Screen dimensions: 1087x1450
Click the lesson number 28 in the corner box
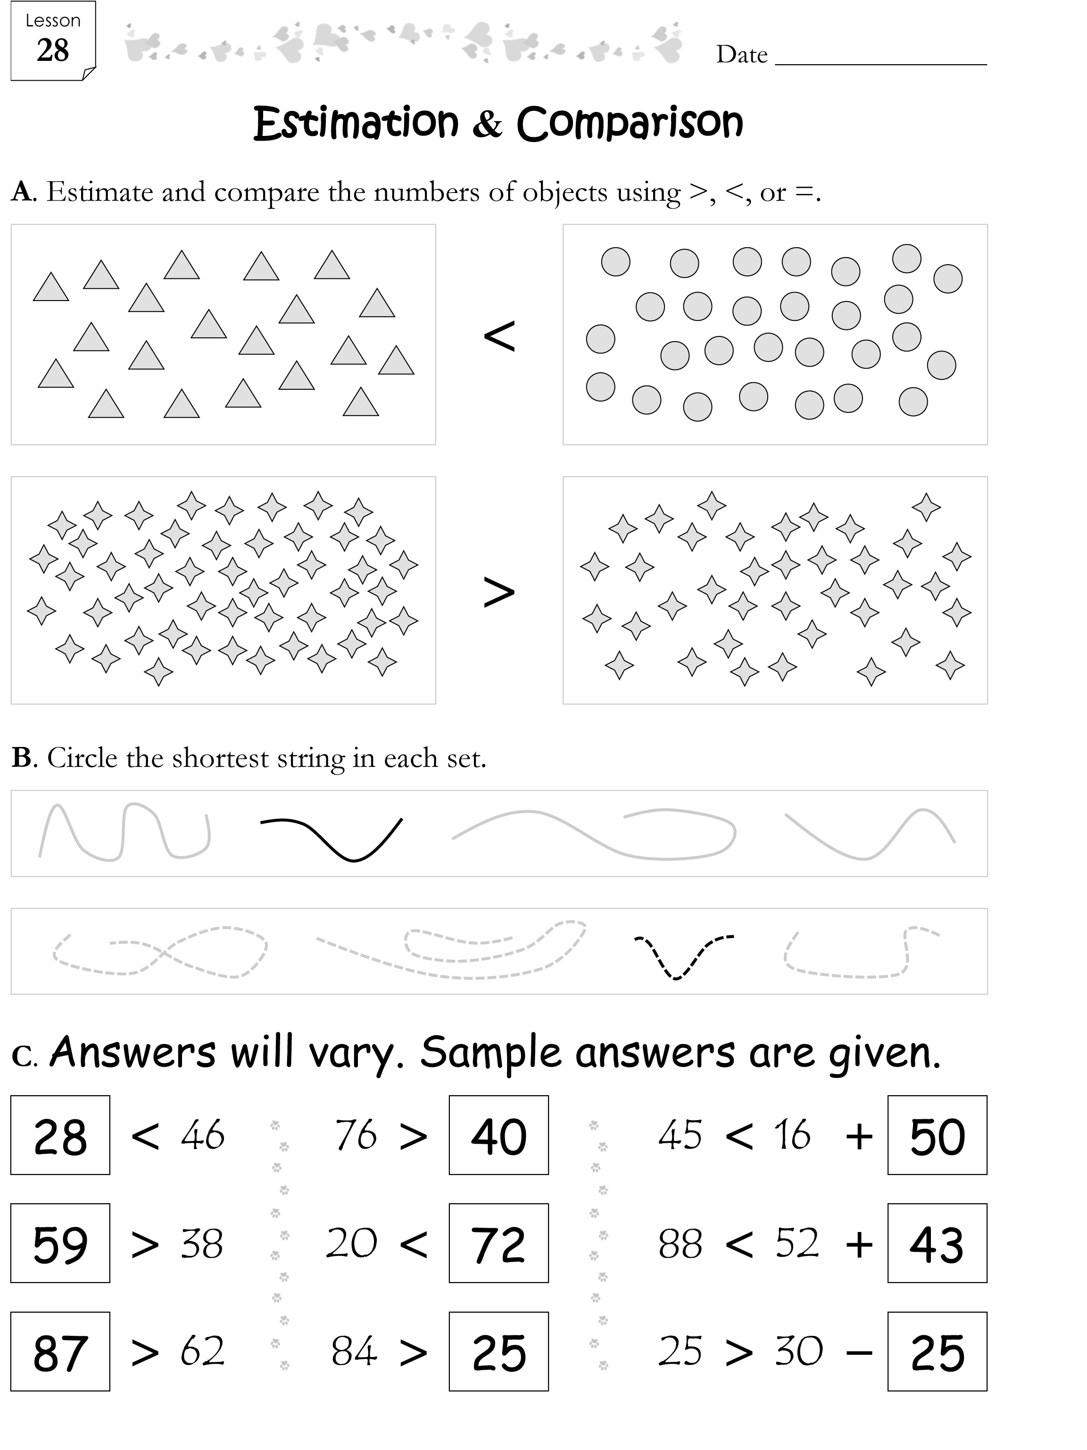pos(52,50)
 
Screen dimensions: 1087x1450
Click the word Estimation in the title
pos(356,123)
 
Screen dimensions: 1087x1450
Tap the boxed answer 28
pos(60,1136)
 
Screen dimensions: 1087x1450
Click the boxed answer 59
pos(60,1244)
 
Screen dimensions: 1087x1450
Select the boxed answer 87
pos(60,1352)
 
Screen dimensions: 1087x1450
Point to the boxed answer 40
pos(498,1136)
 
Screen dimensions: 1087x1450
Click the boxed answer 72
pos(498,1244)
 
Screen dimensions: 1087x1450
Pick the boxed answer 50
pos(937,1136)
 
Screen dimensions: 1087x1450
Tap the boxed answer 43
pos(937,1244)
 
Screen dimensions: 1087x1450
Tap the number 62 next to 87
pos(202,1351)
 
